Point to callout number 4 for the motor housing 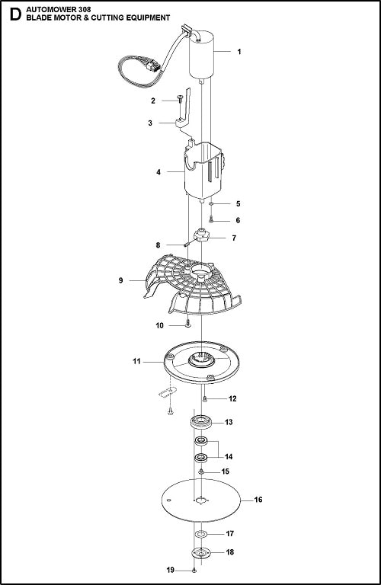[x=158, y=173]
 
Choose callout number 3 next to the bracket [x=151, y=122]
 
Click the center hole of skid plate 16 [x=201, y=500]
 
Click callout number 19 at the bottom [x=170, y=570]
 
